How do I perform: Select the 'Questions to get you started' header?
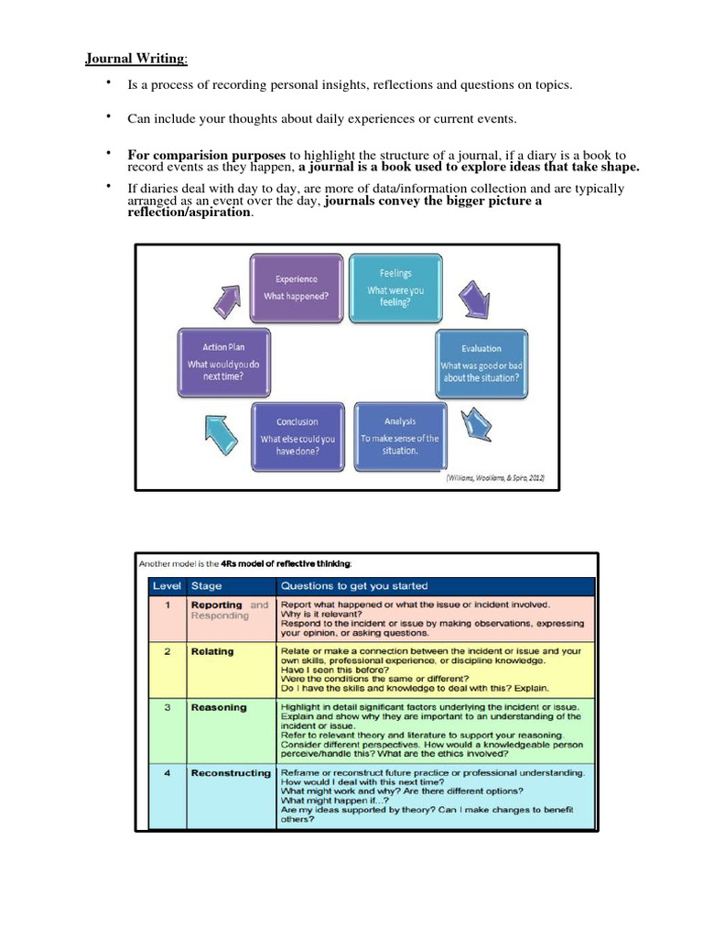(353, 585)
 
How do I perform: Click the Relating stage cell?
(211, 651)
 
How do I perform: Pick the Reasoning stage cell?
(218, 707)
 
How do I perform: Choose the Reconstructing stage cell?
(230, 773)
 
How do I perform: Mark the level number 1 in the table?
(167, 605)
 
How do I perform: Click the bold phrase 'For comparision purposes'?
(206, 156)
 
